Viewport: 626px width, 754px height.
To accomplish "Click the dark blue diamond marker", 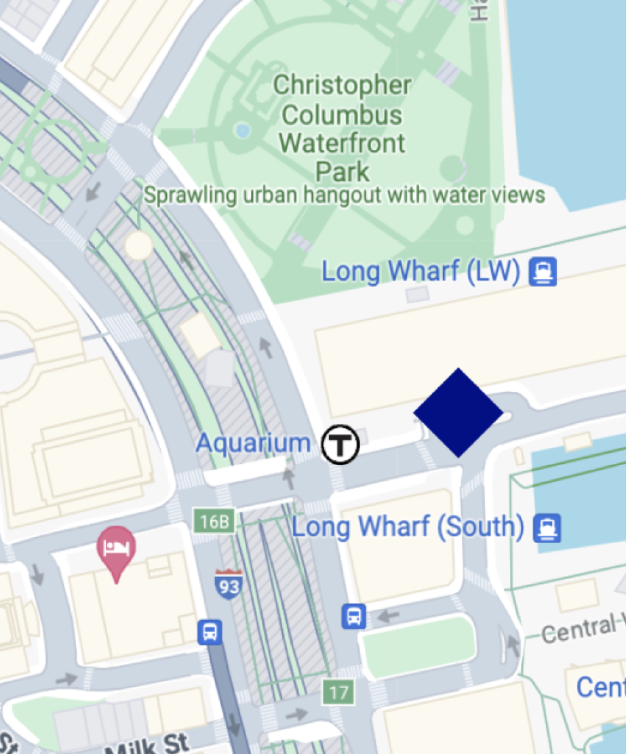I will (458, 412).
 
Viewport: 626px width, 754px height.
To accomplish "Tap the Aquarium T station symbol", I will (340, 444).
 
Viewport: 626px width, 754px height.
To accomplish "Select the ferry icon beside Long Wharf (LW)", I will (543, 272).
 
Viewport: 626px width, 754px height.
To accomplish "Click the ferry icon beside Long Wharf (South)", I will (547, 528).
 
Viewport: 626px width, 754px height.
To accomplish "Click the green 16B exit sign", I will (214, 521).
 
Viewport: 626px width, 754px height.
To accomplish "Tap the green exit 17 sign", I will (338, 692).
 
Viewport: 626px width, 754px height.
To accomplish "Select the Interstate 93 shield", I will (229, 583).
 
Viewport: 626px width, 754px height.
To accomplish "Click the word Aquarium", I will (253, 443).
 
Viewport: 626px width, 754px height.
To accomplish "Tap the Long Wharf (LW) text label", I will (420, 272).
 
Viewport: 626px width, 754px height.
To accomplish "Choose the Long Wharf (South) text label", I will (408, 527).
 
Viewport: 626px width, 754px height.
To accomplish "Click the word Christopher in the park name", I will (342, 85).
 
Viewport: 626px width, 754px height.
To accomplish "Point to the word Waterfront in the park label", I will (342, 143).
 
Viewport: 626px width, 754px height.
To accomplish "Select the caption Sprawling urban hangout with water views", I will (345, 195).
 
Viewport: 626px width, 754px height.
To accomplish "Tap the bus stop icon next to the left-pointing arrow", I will (354, 616).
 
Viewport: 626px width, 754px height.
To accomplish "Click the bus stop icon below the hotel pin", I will (210, 632).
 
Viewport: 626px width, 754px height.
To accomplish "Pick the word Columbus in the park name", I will (342, 115).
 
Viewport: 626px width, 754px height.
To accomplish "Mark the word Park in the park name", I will (343, 172).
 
